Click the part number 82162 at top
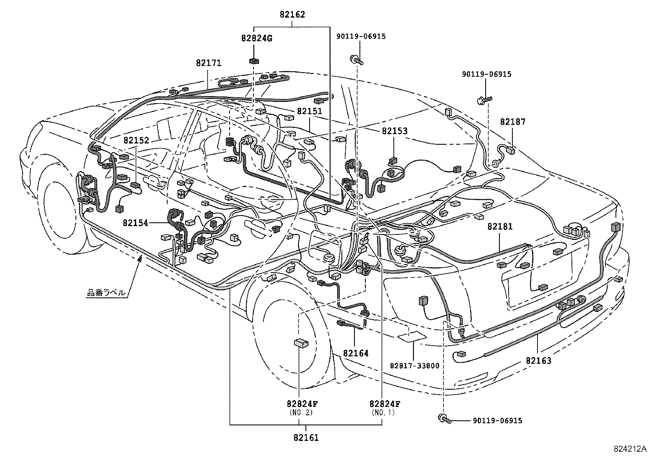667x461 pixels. (x=292, y=15)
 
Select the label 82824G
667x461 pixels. (x=256, y=39)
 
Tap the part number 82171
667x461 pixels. (x=208, y=63)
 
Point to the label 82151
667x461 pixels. (x=310, y=112)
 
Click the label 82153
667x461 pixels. (x=394, y=131)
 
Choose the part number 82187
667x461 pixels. (x=512, y=122)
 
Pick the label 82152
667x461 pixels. (x=136, y=141)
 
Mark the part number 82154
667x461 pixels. (x=135, y=223)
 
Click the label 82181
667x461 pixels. (x=500, y=227)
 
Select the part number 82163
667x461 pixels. (x=539, y=360)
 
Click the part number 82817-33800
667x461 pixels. (x=414, y=366)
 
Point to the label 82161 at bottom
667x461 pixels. (x=306, y=438)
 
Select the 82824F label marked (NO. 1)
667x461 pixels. (x=385, y=404)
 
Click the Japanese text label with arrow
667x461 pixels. (x=106, y=293)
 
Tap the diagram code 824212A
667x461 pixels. (x=630, y=449)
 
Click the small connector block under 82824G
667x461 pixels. (x=254, y=61)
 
